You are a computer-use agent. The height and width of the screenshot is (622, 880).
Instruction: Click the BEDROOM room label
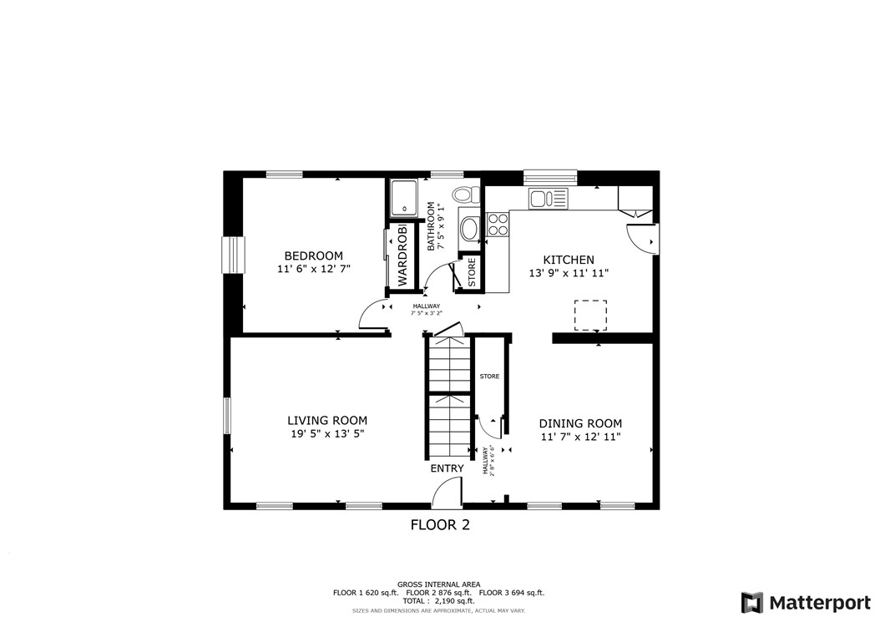[313, 255]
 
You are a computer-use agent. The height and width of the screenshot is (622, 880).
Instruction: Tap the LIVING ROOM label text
[327, 421]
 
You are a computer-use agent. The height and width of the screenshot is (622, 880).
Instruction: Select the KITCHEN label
[569, 260]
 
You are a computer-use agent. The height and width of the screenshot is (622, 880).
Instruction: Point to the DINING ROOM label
[580, 423]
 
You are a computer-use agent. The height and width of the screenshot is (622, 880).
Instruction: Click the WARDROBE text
[402, 255]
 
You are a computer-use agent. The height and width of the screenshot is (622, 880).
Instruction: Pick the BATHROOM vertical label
[432, 226]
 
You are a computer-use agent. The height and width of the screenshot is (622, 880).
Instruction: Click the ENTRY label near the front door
[447, 468]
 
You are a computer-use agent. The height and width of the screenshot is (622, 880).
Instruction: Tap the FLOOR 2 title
[440, 525]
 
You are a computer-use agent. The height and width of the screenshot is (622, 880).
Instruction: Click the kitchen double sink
[549, 199]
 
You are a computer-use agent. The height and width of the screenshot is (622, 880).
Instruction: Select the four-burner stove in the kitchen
[498, 224]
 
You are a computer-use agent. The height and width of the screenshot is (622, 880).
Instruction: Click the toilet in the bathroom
[468, 195]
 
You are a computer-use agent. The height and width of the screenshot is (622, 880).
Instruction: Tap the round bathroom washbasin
[470, 228]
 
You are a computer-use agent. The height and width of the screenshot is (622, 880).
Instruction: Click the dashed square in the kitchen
[590, 315]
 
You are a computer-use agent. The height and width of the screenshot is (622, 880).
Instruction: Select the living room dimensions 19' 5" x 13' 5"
[327, 434]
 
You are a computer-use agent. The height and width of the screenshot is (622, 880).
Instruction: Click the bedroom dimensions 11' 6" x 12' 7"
[313, 270]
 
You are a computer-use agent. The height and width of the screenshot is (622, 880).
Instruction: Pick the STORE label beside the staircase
[489, 377]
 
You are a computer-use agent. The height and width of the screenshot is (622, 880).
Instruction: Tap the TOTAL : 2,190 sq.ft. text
[438, 601]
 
